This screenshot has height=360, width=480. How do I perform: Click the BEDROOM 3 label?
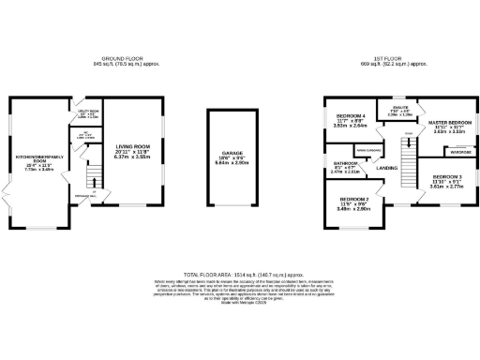447,176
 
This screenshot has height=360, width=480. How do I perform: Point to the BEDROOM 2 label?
354,200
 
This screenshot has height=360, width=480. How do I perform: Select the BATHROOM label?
345,163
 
